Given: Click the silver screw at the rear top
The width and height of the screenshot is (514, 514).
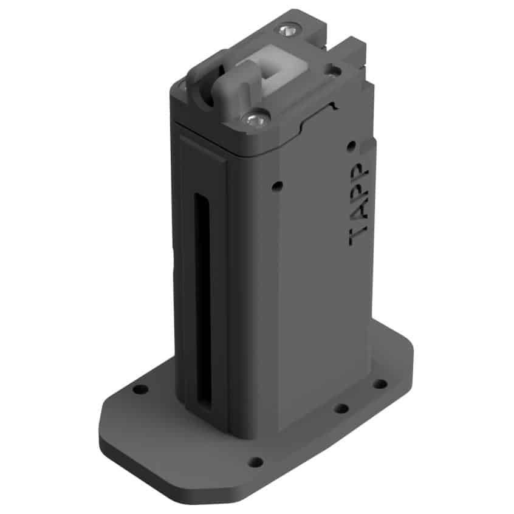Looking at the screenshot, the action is (x=288, y=30).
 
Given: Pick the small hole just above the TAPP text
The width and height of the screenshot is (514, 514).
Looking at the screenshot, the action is (x=351, y=145).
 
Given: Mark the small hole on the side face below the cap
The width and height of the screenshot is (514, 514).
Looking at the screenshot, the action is (x=277, y=186).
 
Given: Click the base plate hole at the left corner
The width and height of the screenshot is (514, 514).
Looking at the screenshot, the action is (x=140, y=390).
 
